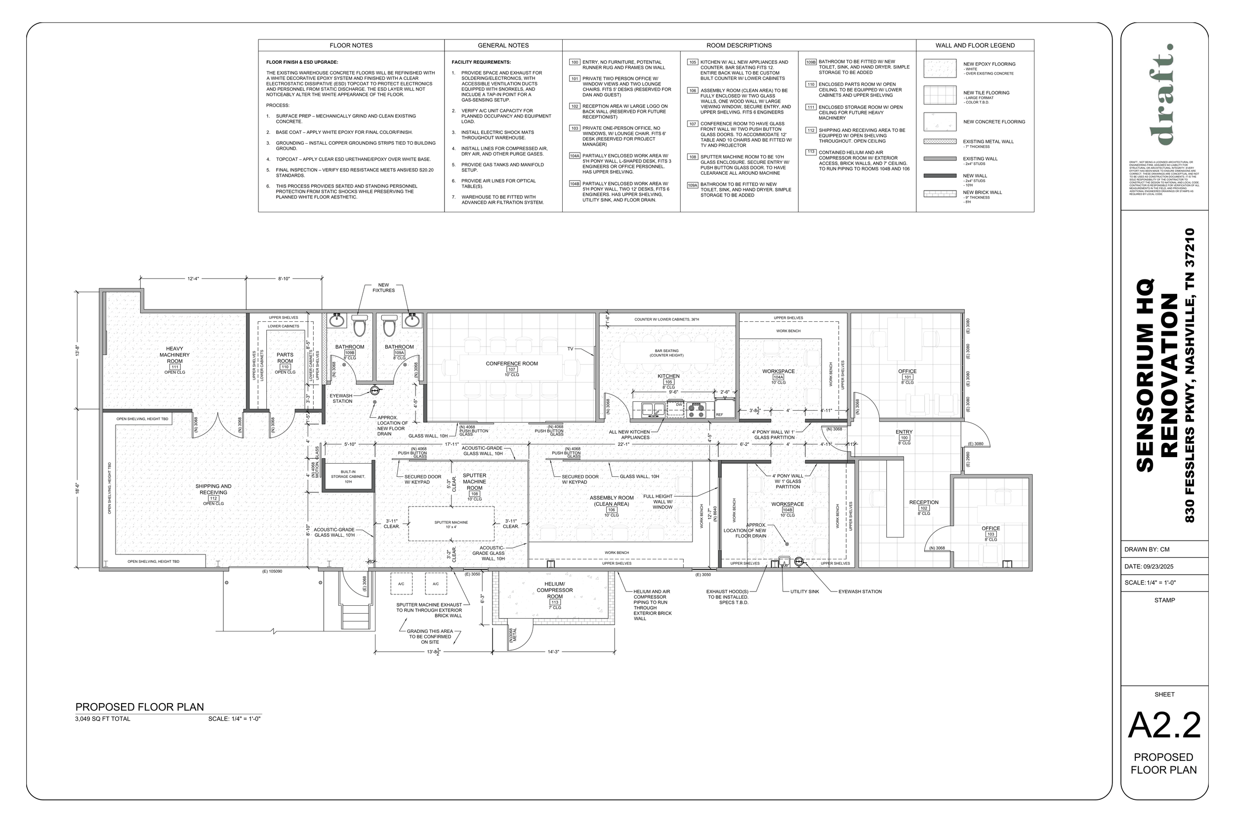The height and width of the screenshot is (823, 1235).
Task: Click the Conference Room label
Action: point(511,363)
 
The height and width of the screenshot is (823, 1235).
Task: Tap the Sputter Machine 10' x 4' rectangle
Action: point(451,523)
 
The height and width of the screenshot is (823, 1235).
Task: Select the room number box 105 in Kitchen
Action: point(668,382)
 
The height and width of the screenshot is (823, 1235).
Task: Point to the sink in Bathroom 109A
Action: point(411,320)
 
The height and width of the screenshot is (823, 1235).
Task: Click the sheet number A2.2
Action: point(1164,725)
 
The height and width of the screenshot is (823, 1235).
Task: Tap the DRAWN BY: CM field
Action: point(1147,549)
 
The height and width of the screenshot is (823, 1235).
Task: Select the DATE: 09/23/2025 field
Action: point(1149,566)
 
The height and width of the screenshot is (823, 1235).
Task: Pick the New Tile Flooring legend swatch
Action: point(940,95)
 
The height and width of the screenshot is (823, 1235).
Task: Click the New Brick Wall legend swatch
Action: point(940,194)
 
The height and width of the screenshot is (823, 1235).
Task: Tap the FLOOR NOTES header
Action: point(351,45)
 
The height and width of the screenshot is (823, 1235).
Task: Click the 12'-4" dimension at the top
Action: point(193,279)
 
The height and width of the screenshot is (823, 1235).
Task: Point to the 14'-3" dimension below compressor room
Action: point(553,652)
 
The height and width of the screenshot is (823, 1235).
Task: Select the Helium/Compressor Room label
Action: point(554,590)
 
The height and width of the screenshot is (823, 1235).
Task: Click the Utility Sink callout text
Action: point(804,591)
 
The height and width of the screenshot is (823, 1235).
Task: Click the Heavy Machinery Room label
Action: point(174,355)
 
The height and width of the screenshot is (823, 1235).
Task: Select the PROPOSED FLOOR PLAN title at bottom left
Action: point(139,707)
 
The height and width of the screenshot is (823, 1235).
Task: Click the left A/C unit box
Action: point(401,584)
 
